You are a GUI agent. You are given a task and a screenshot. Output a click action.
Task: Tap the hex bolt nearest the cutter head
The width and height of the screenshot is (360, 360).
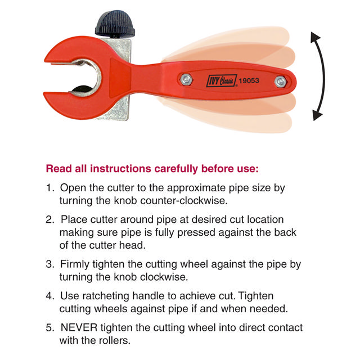186,79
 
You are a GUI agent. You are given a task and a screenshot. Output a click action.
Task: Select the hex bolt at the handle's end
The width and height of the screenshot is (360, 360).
280,82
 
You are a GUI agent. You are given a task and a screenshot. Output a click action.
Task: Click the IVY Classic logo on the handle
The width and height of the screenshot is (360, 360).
222,81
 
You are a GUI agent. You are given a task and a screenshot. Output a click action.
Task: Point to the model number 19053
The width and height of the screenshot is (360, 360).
249,80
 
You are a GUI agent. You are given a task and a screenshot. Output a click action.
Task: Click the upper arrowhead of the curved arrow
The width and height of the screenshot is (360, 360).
315,37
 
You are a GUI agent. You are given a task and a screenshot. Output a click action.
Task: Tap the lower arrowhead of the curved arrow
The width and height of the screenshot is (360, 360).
317,115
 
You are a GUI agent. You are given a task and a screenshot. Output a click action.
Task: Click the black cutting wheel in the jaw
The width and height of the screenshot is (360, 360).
81,89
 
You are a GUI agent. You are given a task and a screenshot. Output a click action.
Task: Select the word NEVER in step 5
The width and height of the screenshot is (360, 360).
79,327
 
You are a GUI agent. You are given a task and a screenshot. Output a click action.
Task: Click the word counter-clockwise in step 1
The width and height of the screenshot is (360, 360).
184,201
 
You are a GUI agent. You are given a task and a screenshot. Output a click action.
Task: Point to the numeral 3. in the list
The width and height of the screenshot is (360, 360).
50,264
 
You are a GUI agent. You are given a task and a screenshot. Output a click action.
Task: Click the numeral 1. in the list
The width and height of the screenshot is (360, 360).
50,188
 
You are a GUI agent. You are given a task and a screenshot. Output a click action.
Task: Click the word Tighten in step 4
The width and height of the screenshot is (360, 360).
256,296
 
